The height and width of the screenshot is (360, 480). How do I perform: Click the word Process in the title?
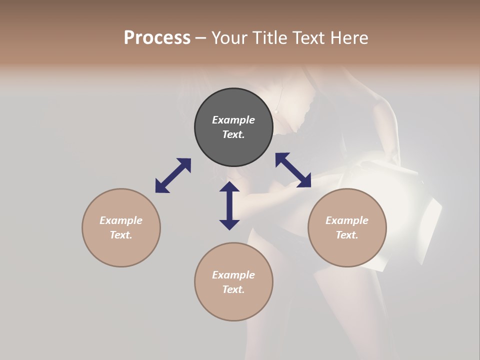(157, 38)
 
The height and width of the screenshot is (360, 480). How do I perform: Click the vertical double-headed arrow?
(229, 205)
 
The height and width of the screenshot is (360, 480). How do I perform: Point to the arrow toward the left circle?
(173, 175)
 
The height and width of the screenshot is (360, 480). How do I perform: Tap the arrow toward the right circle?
(293, 170)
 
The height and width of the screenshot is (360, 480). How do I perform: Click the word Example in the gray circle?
(233, 120)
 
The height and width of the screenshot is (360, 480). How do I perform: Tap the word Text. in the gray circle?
(233, 134)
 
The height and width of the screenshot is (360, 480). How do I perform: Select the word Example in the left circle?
(121, 220)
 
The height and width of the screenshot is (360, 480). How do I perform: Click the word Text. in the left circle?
(121, 235)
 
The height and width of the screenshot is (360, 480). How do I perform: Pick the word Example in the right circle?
(347, 220)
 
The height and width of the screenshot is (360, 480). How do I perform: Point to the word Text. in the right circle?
(347, 235)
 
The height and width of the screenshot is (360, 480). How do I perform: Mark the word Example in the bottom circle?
(233, 275)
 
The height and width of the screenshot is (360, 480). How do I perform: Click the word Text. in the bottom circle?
(233, 289)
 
